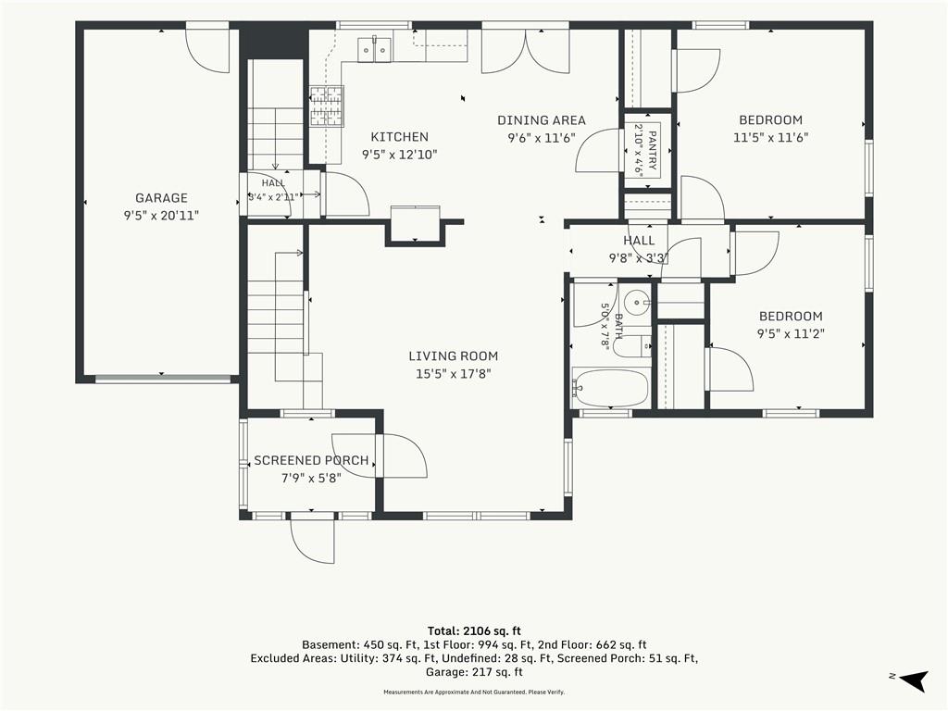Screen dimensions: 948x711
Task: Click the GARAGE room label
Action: tap(161, 198)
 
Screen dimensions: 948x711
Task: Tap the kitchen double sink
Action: tap(375, 50)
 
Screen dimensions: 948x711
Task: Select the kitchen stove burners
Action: tap(327, 106)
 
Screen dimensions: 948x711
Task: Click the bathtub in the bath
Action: tap(611, 389)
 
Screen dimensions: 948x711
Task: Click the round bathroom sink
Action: tap(636, 301)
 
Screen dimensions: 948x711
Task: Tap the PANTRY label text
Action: tap(652, 151)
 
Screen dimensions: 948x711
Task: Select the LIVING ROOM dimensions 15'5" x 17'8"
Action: tap(453, 374)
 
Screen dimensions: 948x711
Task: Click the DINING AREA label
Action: tap(541, 120)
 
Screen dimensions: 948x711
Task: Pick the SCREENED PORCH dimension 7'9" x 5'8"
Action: tap(311, 479)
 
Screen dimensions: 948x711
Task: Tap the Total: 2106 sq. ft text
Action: tap(474, 631)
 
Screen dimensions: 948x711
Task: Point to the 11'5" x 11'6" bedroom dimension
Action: tap(770, 137)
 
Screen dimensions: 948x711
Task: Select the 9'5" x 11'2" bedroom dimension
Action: tap(791, 333)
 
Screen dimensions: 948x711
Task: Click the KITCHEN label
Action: tap(399, 137)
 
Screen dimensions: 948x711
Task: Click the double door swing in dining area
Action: tap(526, 52)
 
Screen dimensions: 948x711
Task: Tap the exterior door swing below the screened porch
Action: tap(311, 541)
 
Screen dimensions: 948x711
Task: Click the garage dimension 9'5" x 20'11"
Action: tap(161, 215)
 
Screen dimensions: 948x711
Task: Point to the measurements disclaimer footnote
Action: tap(474, 692)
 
